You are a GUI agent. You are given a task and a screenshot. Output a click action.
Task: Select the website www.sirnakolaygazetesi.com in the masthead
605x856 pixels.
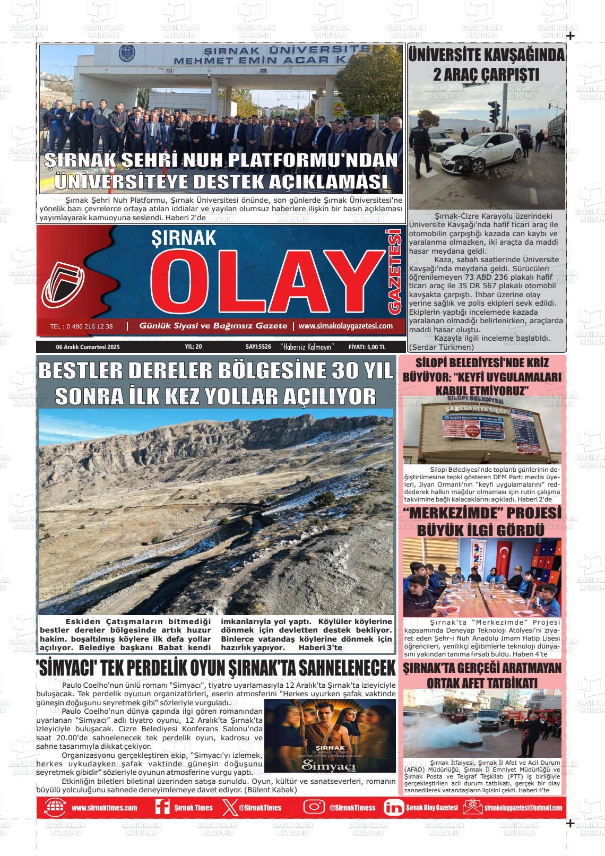345,326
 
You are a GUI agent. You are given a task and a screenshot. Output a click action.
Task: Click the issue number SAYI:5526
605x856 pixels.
258,347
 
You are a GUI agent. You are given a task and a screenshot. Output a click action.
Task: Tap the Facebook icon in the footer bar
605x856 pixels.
162,807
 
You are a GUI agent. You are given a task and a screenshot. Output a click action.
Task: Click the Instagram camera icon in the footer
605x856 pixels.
314,807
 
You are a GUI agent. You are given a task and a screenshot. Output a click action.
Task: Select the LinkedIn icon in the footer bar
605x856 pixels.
393,807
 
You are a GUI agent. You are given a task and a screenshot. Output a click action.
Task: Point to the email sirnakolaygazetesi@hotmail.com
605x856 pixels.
523,808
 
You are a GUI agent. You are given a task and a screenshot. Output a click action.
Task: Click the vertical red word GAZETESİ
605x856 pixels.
394,271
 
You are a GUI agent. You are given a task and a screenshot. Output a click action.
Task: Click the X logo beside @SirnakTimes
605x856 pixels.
229,807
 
